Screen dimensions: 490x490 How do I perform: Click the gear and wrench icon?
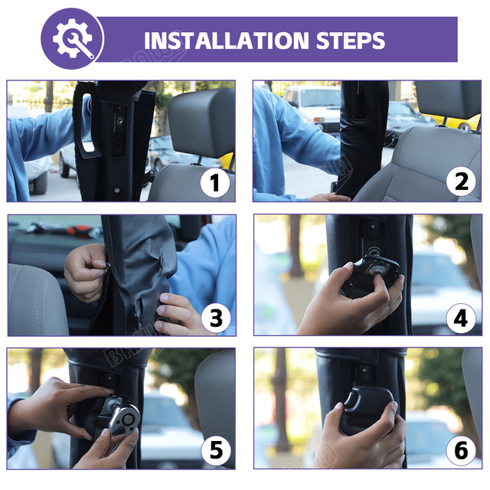[x=73, y=38]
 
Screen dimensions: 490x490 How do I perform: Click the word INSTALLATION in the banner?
[x=227, y=41]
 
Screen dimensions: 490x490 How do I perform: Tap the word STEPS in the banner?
[x=351, y=41]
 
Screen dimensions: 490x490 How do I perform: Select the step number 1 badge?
[x=215, y=182]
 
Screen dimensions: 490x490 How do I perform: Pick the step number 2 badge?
[x=461, y=181]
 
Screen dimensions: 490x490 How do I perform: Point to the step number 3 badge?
[x=216, y=318]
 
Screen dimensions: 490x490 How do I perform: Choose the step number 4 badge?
[x=461, y=318]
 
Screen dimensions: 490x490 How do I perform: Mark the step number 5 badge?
[x=216, y=450]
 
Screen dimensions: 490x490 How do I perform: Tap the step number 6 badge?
[x=461, y=450]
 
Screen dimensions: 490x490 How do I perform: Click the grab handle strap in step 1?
[x=83, y=120]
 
